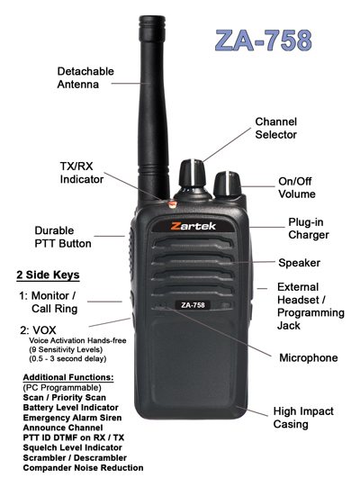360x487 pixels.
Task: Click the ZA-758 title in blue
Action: [264, 41]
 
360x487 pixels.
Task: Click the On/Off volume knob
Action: [228, 184]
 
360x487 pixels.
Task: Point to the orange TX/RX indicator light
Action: [173, 204]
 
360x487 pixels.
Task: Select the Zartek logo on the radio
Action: [193, 226]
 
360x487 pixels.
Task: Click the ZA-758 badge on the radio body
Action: [193, 305]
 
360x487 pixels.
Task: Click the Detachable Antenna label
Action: [85, 77]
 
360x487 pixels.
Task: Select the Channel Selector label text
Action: [275, 128]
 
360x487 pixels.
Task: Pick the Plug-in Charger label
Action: [309, 229]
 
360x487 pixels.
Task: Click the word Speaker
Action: [299, 263]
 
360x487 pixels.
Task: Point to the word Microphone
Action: [309, 357]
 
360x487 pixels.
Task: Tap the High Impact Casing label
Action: [303, 418]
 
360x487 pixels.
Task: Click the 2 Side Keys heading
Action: [48, 275]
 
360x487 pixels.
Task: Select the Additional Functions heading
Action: [68, 377]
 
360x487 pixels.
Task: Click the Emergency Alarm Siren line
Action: [72, 418]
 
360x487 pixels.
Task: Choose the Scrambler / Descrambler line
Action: [75, 458]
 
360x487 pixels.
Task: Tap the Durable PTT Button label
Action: [63, 237]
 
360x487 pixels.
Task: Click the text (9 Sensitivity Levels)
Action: [66, 349]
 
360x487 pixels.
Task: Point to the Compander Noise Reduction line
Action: [83, 468]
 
